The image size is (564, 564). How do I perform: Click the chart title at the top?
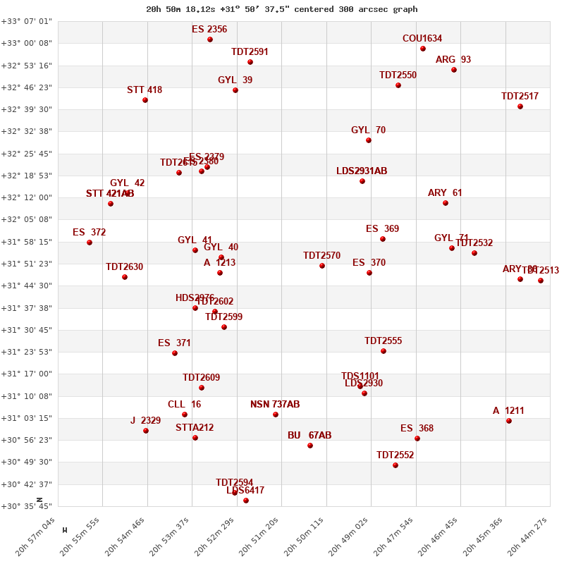pyautogui.click(x=281, y=9)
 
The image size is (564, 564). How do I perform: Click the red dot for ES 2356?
pyautogui.click(x=210, y=39)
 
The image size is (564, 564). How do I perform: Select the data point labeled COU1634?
pyautogui.click(x=423, y=49)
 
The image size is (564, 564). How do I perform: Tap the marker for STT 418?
pyautogui.click(x=145, y=100)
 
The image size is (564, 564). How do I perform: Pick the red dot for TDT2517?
pyautogui.click(x=520, y=106)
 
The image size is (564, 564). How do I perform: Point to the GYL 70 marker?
pyautogui.click(x=369, y=140)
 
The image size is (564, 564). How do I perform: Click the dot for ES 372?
pyautogui.click(x=90, y=243)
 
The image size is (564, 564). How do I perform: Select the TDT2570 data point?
pyautogui.click(x=322, y=266)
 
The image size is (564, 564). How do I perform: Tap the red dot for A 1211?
pyautogui.click(x=509, y=421)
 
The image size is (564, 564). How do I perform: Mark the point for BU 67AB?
pyautogui.click(x=310, y=446)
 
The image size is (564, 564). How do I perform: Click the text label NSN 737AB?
pyautogui.click(x=275, y=404)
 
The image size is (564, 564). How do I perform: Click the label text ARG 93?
pyautogui.click(x=453, y=59)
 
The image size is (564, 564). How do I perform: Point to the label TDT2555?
pyautogui.click(x=383, y=341)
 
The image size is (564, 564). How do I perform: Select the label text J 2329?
pyautogui.click(x=145, y=420)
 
